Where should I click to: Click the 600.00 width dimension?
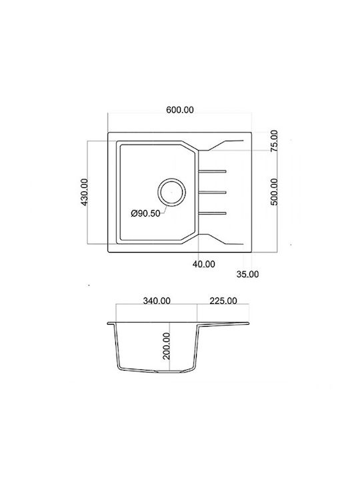180,110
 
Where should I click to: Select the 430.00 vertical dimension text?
85,192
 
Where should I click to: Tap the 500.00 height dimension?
274,192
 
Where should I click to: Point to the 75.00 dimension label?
274,141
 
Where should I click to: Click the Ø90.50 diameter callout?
146,213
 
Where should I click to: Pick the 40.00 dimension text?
204,264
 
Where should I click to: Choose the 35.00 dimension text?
247,274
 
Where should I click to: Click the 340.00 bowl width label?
157,301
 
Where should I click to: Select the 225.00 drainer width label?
223,301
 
